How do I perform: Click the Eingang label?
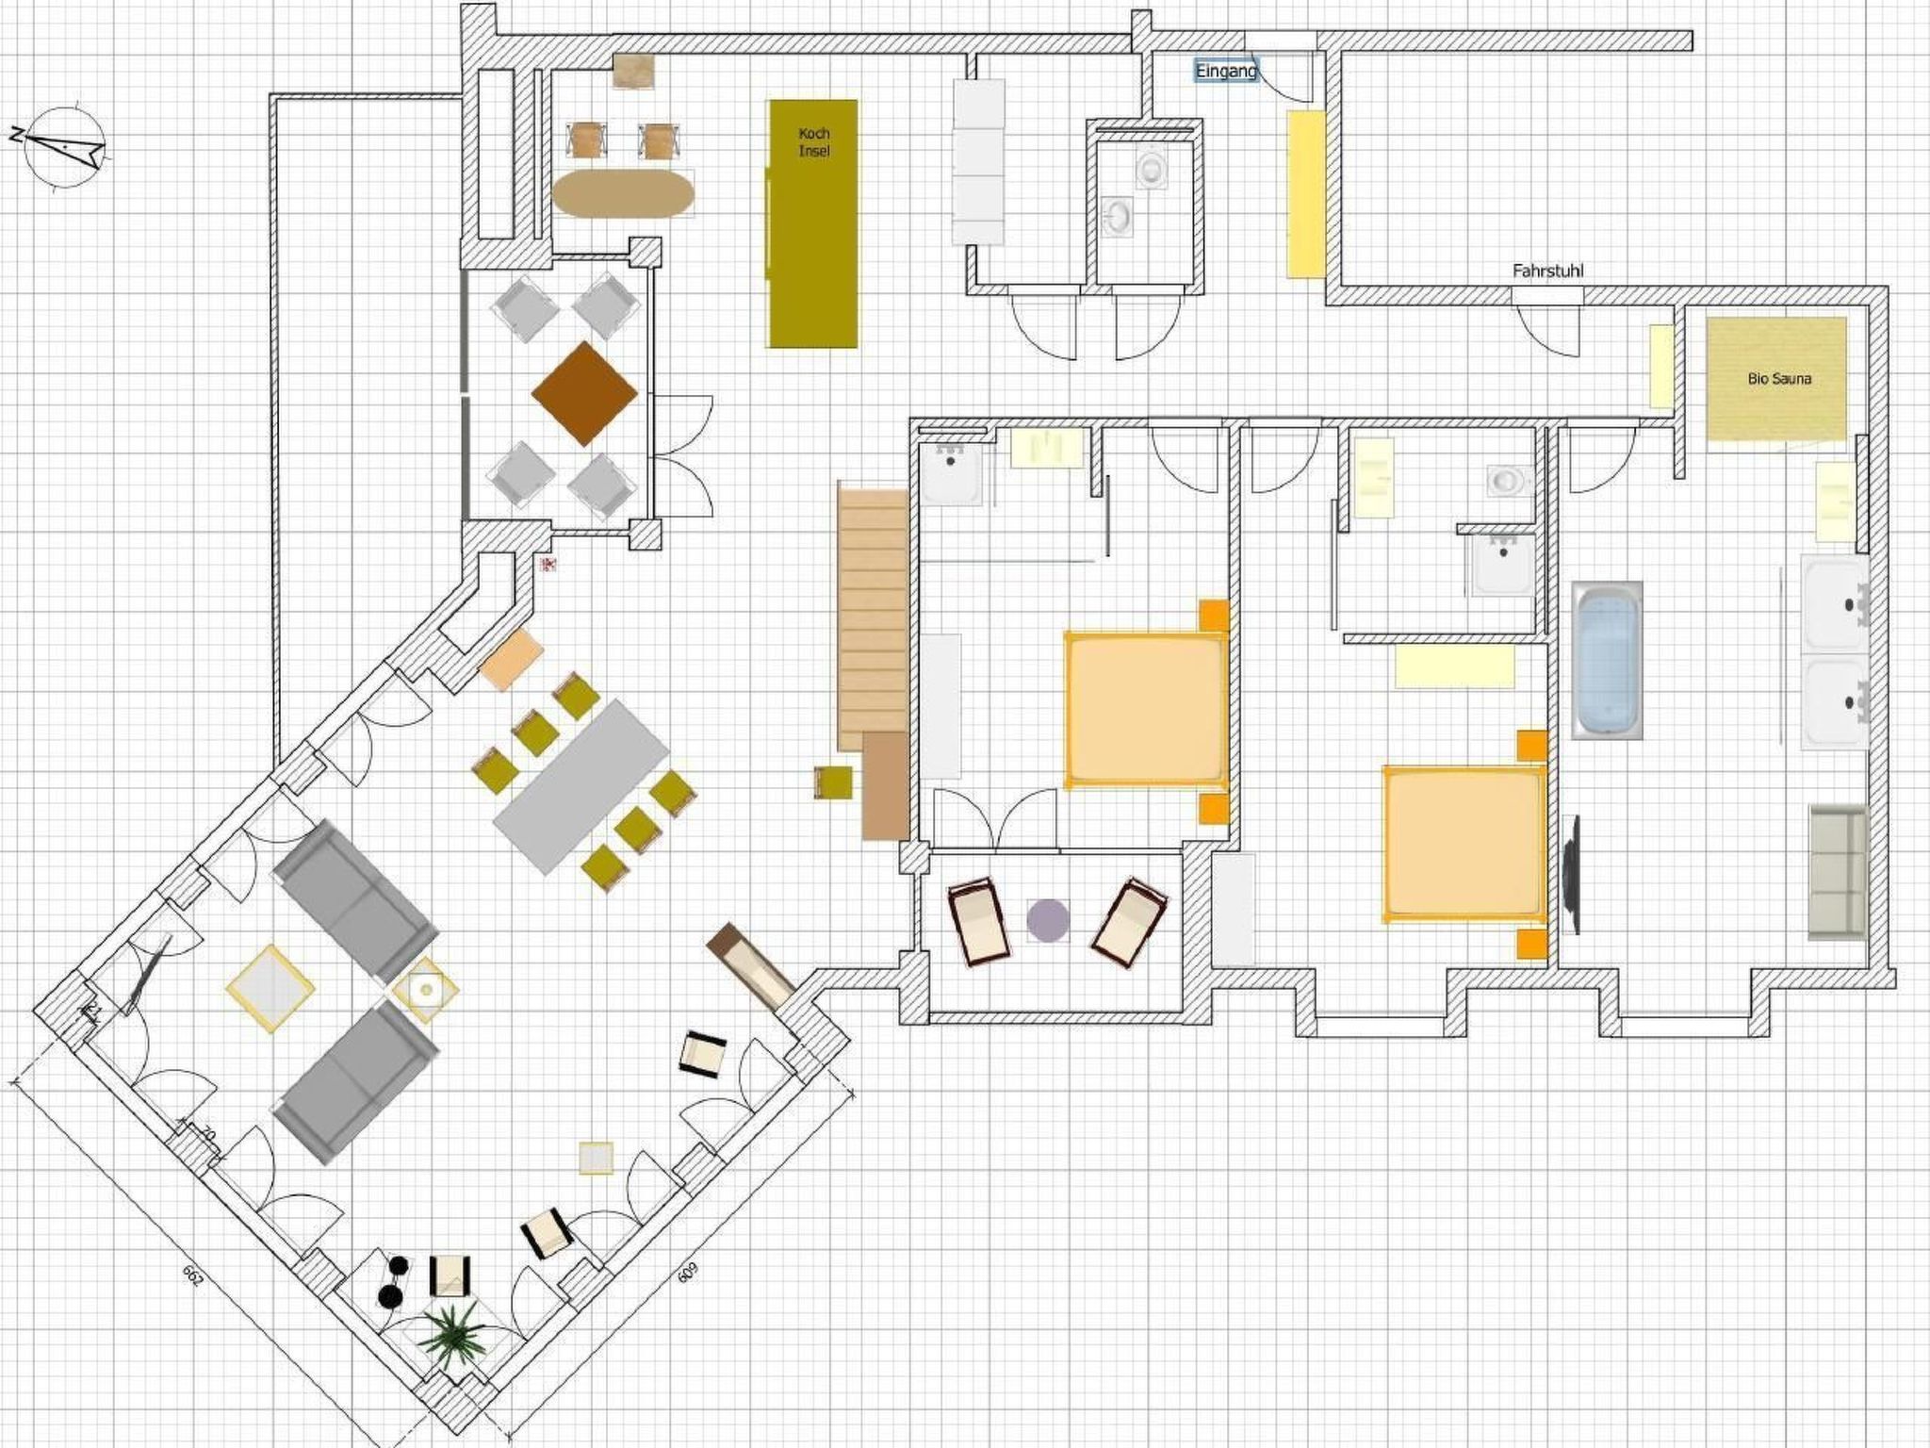click(x=1226, y=71)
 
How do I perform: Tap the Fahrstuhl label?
click(x=1547, y=271)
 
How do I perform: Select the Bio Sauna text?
click(x=1778, y=379)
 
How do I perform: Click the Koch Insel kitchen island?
click(x=813, y=223)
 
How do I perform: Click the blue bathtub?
click(x=1607, y=660)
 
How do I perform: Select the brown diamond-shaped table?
click(x=584, y=393)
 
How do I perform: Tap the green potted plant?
click(x=451, y=1335)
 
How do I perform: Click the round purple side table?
click(x=1047, y=920)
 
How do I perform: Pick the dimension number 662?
click(x=192, y=1275)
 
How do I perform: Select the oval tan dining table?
click(x=623, y=193)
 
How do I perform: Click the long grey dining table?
click(x=582, y=786)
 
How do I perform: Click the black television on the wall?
click(x=1570, y=873)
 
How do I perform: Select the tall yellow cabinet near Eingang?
click(x=1306, y=194)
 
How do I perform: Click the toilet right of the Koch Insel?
click(x=1152, y=169)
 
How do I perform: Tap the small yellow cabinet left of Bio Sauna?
click(x=1660, y=367)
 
